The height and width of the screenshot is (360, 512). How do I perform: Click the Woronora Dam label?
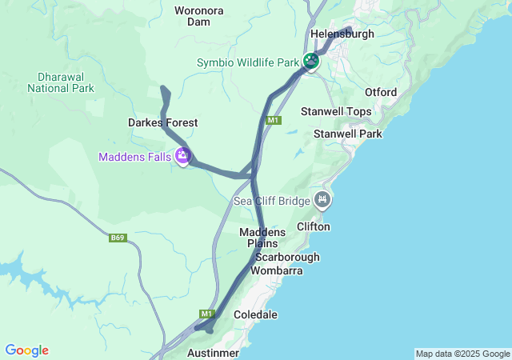199,16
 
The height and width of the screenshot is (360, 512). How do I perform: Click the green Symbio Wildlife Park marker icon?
311,61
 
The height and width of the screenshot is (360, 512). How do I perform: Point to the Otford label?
380,92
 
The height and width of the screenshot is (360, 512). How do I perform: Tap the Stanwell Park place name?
348,134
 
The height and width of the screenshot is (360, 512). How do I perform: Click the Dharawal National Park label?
61,82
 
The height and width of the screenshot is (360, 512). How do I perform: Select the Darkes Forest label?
162,122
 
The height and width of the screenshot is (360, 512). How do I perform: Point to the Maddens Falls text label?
134,157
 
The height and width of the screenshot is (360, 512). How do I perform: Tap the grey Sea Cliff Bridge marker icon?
322,199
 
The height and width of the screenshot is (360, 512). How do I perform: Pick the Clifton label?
313,226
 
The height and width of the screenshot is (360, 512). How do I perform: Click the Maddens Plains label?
262,237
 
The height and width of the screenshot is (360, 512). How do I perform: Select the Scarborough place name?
287,257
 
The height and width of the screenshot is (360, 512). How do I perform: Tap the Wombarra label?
276,270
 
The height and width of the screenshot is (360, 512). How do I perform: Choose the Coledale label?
255,315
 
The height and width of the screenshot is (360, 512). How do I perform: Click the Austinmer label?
213,352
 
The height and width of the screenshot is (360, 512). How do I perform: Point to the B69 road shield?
118,238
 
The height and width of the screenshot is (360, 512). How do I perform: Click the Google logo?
26,350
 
